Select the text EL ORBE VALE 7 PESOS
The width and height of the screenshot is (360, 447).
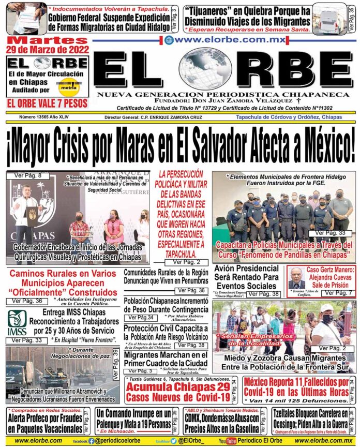47,103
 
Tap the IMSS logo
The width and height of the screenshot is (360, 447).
17,323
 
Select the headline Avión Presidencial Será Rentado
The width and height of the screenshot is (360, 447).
246,277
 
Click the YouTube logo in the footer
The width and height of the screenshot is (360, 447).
228,441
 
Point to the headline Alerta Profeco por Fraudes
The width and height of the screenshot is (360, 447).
44,424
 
